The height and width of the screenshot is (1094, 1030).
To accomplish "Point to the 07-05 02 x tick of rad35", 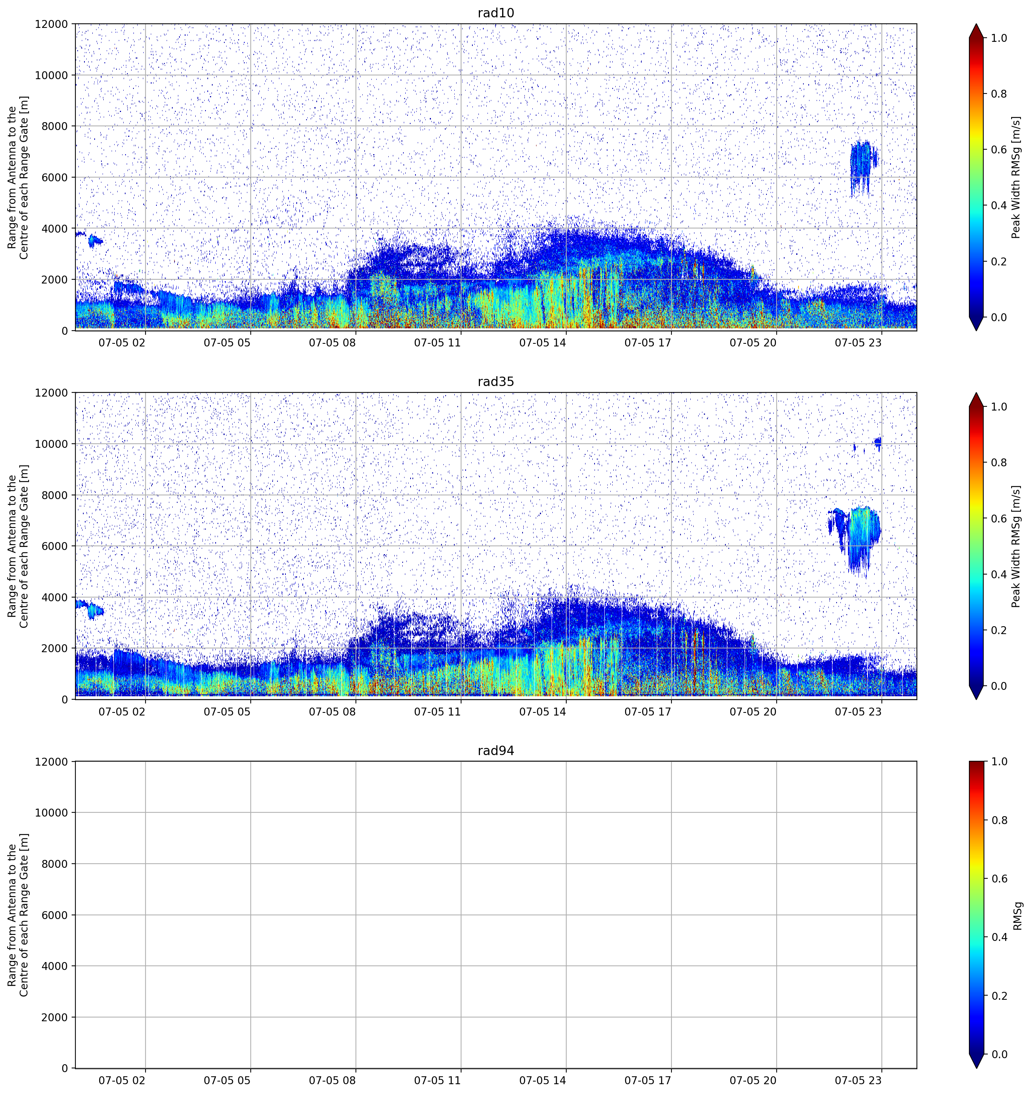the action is coord(122,711).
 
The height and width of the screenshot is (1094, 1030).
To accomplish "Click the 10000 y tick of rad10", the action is coord(52,75).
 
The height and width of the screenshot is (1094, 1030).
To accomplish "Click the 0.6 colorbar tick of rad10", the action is coord(999,150).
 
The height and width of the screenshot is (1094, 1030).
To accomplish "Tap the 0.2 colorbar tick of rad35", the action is coord(999,630).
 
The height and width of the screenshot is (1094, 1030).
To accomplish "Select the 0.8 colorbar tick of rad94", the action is coord(999,820).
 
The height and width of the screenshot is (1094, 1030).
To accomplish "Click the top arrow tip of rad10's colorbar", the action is coord(976,24).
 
